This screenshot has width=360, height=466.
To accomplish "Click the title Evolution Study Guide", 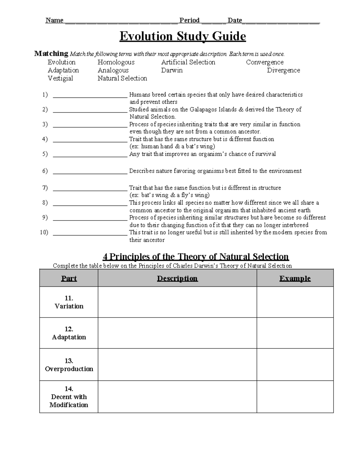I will pyautogui.click(x=182, y=36).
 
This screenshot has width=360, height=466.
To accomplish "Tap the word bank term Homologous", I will pyautogui.click(x=116, y=62).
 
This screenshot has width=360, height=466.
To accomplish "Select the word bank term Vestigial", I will pyautogui.click(x=60, y=78).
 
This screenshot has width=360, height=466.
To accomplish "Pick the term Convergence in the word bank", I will pyautogui.click(x=265, y=62).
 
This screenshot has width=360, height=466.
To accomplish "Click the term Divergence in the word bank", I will pyautogui.click(x=283, y=71).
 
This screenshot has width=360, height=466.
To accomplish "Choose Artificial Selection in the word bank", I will pyautogui.click(x=188, y=62).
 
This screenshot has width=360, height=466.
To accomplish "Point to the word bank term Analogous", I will pyautogui.click(x=113, y=71).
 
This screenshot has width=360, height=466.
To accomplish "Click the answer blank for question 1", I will pyautogui.click(x=90, y=95).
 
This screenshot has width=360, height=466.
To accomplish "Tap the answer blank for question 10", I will pyautogui.click(x=90, y=233).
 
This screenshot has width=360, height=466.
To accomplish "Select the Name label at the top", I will pyautogui.click(x=54, y=20).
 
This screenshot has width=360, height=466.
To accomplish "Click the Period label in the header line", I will pyautogui.click(x=189, y=20).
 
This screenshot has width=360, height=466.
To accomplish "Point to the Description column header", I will pyautogui.click(x=177, y=278).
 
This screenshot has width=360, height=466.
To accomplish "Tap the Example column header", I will pyautogui.click(x=295, y=278).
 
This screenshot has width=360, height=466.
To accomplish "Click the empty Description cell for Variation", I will pyautogui.click(x=177, y=302).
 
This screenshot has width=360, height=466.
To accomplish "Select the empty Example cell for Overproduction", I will pyautogui.click(x=295, y=365).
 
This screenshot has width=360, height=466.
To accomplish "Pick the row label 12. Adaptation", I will pyautogui.click(x=69, y=333).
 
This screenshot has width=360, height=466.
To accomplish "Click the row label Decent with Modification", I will pyautogui.click(x=69, y=401).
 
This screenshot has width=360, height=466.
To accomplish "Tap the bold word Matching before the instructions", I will pyautogui.click(x=51, y=54).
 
